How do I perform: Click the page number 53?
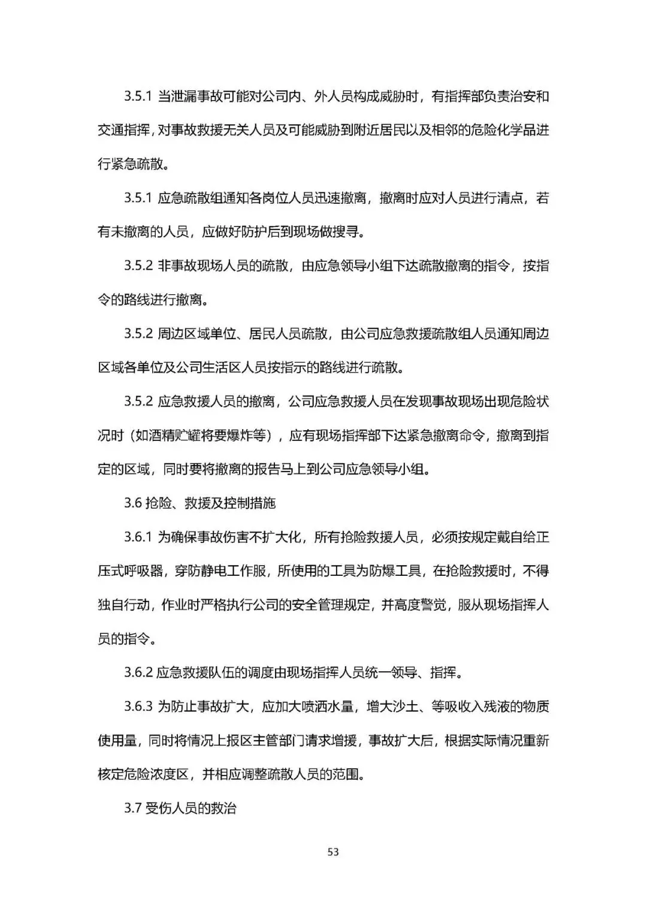[333, 851]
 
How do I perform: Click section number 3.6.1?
[138, 537]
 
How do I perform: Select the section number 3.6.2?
[138, 672]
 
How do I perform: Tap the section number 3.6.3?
[138, 706]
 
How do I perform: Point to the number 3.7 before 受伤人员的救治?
[132, 808]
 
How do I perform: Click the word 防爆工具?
[395, 571]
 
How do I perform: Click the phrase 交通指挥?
[124, 130]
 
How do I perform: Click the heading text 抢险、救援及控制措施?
[210, 503]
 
